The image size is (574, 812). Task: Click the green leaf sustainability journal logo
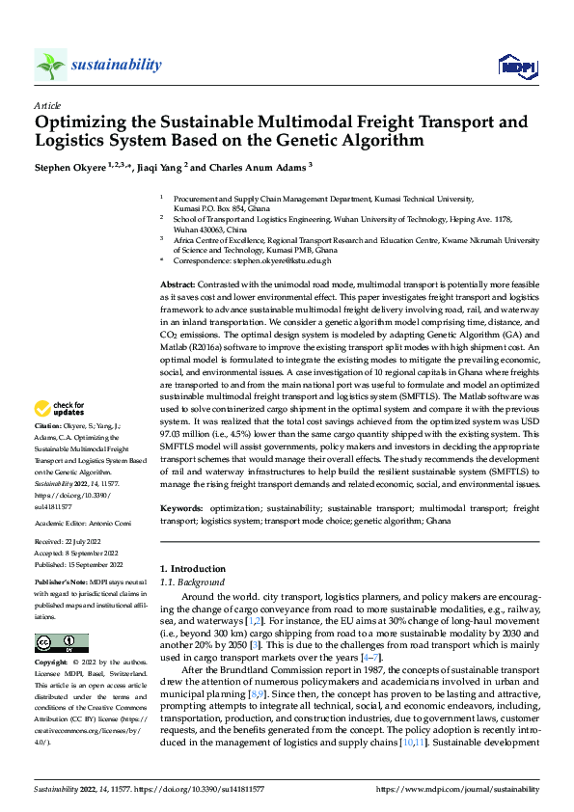pyautogui.click(x=50, y=65)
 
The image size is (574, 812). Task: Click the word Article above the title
pyautogui.click(x=47, y=105)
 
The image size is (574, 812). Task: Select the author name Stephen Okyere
pyautogui.click(x=70, y=167)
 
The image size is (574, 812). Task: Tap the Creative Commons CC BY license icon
pyautogui.click(x=61, y=642)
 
